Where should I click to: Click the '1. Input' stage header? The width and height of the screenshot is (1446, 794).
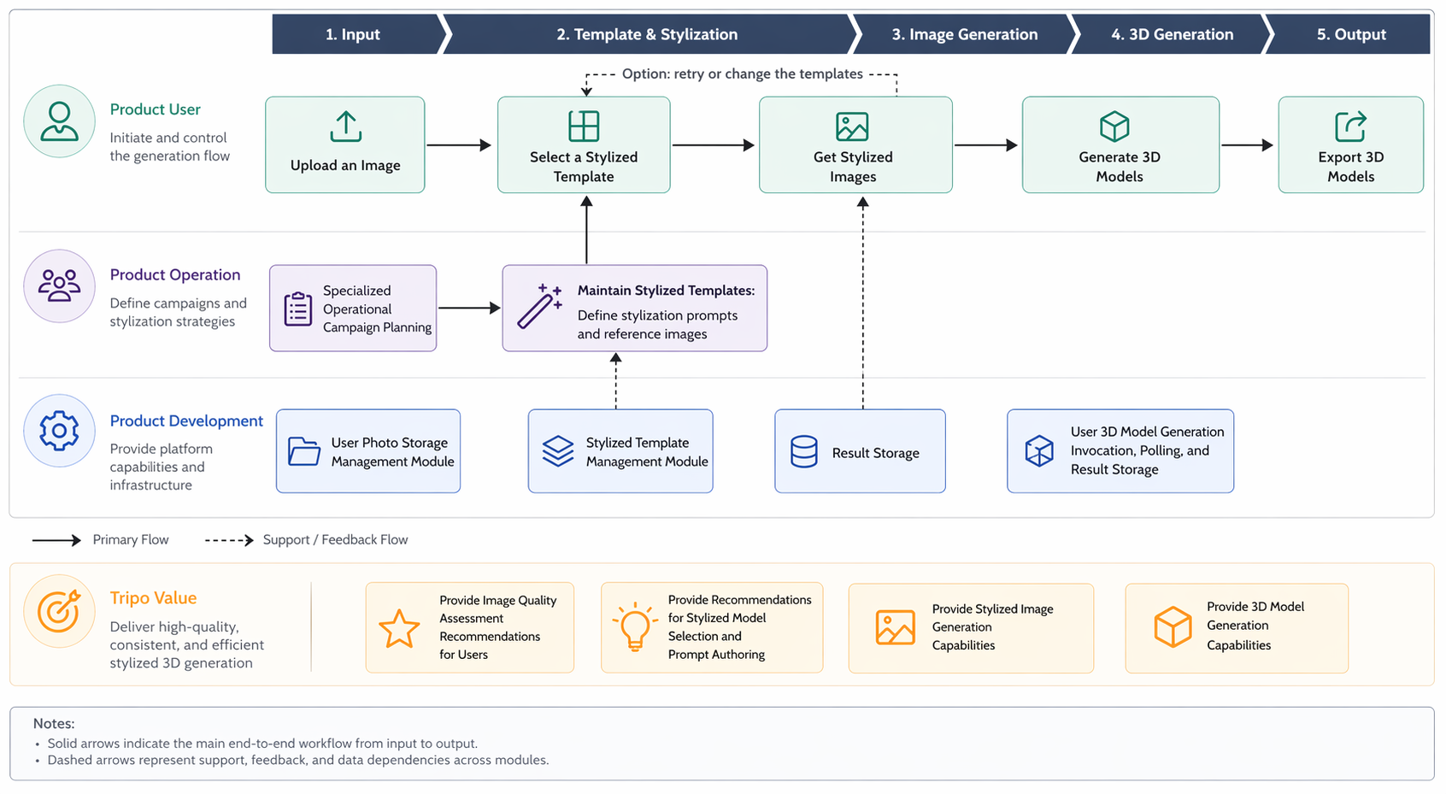point(352,34)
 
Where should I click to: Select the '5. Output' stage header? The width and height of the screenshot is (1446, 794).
point(1350,34)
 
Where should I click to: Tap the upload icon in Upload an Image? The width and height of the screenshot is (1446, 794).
point(346,126)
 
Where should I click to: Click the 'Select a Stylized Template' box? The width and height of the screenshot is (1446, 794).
point(584,144)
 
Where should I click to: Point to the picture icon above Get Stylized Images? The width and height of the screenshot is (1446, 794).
point(852,126)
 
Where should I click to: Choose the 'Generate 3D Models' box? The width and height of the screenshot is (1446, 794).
point(1120,144)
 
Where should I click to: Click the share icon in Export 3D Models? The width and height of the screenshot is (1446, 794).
point(1350,126)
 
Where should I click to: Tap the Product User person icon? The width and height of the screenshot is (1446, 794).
point(59,121)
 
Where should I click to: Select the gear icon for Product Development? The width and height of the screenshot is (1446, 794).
point(59,431)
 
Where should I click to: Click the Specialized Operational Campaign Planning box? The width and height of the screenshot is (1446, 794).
point(353,308)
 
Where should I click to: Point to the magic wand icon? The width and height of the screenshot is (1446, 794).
point(539,306)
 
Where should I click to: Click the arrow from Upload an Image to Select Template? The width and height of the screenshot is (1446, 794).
point(459,145)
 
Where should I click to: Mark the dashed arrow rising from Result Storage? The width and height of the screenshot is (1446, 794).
point(863,303)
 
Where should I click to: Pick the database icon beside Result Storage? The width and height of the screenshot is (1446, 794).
point(804,451)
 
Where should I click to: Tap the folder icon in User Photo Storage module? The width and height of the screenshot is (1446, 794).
point(304,451)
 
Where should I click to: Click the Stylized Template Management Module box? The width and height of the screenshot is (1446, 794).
point(620,450)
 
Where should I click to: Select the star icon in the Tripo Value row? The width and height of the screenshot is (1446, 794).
point(399,628)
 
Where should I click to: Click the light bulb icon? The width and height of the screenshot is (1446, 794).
point(635,626)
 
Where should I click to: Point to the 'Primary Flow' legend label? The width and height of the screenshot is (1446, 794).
point(131,539)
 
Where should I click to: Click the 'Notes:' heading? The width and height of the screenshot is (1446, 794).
point(54,724)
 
